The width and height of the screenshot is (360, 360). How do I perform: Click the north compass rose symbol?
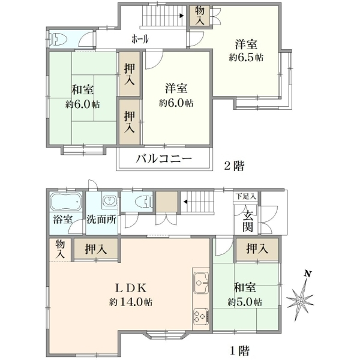click(301, 301)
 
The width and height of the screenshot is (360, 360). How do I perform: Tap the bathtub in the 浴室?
click(66, 202)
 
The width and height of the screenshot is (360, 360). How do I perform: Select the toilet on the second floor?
click(59, 38)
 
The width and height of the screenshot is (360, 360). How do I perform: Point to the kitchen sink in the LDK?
click(201, 283)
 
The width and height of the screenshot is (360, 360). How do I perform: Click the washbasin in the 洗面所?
click(110, 201)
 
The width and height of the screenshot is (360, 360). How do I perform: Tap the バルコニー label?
click(164, 158)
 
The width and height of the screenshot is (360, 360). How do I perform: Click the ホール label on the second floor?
click(140, 39)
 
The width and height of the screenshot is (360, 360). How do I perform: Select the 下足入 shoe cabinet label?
click(246, 197)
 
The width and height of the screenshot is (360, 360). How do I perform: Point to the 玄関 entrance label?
click(248, 222)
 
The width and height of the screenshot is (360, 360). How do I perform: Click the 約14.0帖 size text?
click(131, 302)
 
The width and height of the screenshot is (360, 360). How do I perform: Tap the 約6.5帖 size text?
click(246, 58)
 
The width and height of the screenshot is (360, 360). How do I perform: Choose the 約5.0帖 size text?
click(245, 302)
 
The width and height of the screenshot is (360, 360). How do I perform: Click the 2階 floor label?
click(234, 166)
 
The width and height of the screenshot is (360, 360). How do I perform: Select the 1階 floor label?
click(239, 350)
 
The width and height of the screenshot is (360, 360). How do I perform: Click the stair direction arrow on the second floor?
click(181, 16)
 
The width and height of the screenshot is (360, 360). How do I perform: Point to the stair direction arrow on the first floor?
click(185, 202)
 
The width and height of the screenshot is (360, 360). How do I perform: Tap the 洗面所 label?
click(101, 220)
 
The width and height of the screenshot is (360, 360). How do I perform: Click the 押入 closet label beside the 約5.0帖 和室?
click(257, 248)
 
